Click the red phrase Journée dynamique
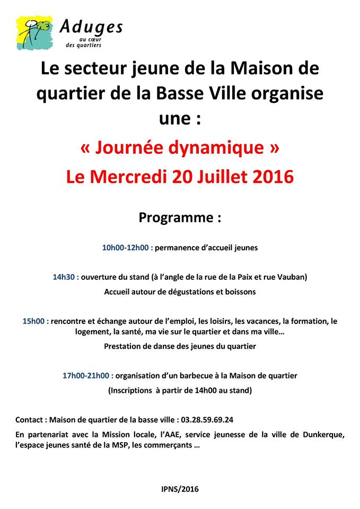[x=180, y=148]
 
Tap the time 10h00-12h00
[x=126, y=247]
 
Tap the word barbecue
[x=206, y=375]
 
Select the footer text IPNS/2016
[x=180, y=489]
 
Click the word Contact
[x=30, y=419]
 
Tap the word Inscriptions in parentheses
[x=133, y=390]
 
